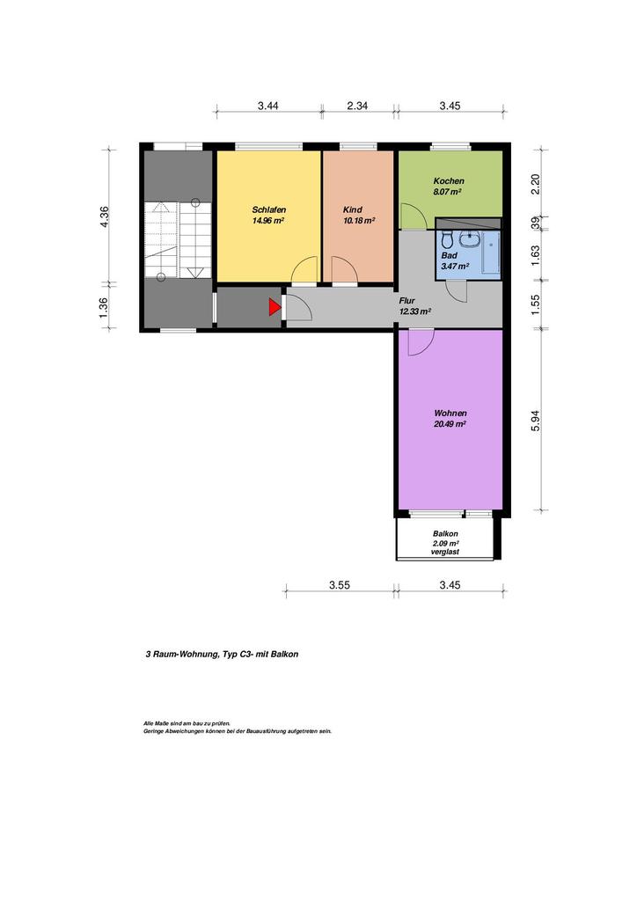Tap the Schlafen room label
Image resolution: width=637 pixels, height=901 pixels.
(x=269, y=209)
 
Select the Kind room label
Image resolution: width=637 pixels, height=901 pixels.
(x=353, y=209)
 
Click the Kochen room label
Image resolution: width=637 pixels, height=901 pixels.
(x=449, y=181)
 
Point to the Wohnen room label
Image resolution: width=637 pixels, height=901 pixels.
(x=450, y=414)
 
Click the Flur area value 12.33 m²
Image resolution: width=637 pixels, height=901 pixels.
(x=414, y=311)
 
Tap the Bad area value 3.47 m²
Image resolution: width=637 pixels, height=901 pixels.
(x=455, y=266)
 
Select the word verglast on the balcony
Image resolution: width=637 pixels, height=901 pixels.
(x=445, y=553)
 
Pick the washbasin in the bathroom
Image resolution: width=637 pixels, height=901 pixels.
(x=470, y=238)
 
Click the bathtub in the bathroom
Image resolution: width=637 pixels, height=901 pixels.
(x=491, y=253)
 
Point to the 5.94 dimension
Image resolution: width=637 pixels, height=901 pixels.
(x=535, y=421)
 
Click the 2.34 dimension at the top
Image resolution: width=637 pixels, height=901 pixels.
(x=357, y=106)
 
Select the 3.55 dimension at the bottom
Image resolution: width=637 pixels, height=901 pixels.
(x=340, y=585)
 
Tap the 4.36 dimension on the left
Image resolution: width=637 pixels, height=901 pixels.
(x=104, y=216)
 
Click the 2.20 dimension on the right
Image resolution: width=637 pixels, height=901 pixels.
(x=535, y=184)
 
